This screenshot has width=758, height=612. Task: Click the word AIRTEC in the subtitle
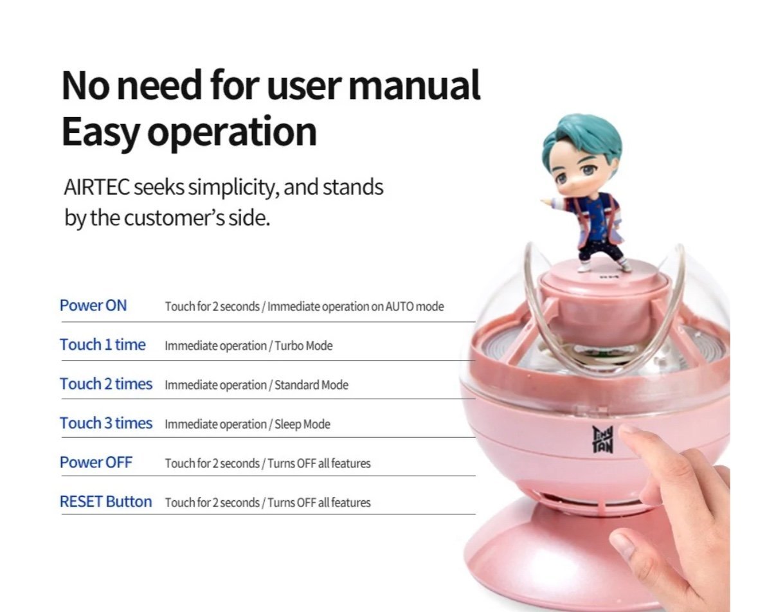(96, 187)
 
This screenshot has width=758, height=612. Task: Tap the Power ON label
(93, 305)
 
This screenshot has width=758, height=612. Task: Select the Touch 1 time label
(102, 345)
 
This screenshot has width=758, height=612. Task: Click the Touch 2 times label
(106, 384)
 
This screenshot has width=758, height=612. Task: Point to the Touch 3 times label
(106, 423)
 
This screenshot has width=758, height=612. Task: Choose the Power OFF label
(96, 462)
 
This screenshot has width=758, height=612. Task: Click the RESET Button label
(106, 501)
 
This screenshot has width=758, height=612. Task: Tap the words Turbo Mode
(303, 346)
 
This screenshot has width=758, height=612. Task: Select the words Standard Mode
(311, 385)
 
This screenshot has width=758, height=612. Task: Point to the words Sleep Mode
(303, 424)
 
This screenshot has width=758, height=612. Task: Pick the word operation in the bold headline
(232, 132)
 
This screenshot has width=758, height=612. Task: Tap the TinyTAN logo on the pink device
(602, 439)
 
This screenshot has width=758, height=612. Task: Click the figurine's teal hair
(582, 136)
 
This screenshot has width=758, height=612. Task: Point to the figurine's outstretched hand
(547, 201)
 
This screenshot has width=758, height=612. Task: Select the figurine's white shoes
(604, 265)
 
